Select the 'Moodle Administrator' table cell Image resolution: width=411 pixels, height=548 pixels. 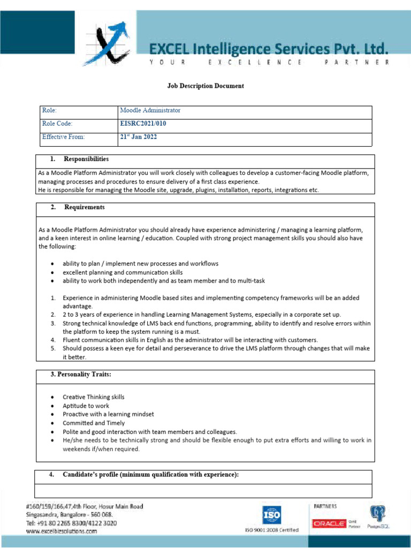(x=150, y=110)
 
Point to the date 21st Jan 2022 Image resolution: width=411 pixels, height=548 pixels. (x=138, y=137)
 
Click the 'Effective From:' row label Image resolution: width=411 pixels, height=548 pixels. (x=63, y=137)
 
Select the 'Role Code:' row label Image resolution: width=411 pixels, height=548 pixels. (x=57, y=124)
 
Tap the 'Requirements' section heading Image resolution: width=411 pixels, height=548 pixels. (x=84, y=207)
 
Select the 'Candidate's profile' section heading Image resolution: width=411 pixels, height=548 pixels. (x=150, y=475)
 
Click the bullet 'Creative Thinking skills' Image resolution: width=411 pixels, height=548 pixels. (x=93, y=397)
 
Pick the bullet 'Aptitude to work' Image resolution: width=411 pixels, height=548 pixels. (x=86, y=406)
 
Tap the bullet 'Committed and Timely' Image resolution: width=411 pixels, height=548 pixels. (x=94, y=423)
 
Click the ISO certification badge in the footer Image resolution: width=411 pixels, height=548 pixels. (x=271, y=515)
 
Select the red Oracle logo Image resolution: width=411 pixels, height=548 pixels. (x=329, y=524)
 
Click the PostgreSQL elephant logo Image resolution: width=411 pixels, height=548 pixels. (x=378, y=515)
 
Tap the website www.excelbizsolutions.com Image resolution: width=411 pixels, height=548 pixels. (x=62, y=531)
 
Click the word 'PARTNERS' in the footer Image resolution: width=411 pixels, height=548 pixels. (x=325, y=506)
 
